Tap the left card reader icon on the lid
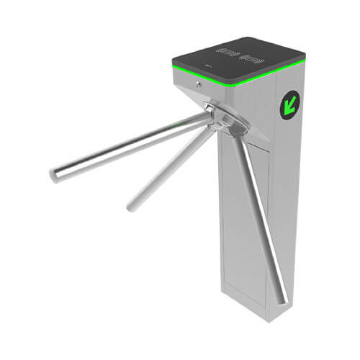[x=226, y=51]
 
